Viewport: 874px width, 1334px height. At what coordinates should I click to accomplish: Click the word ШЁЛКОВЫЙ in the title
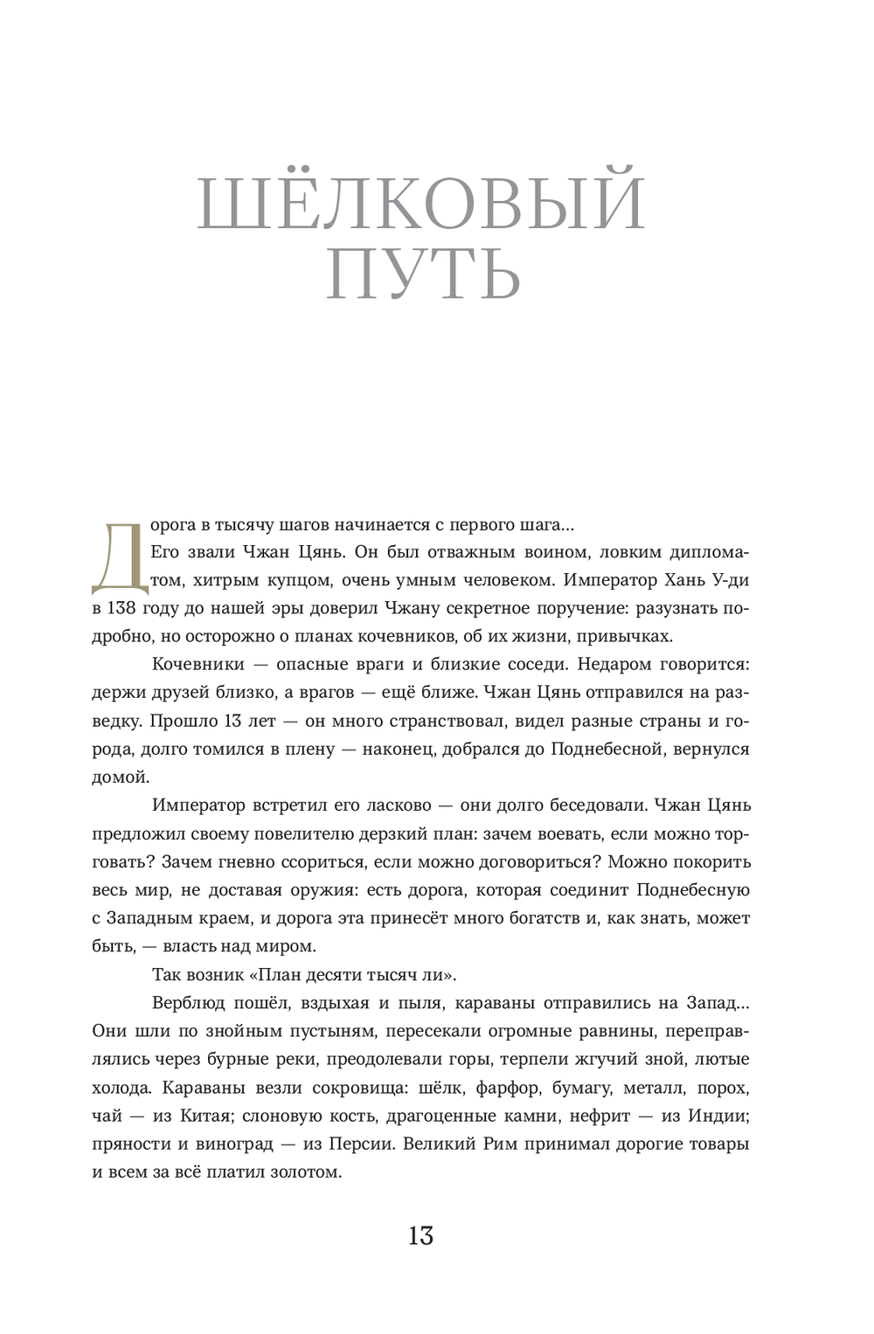421,203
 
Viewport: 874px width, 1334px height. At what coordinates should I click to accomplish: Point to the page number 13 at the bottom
420,1236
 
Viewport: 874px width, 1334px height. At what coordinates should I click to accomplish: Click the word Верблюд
188,1002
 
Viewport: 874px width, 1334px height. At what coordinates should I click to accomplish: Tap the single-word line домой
121,776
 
